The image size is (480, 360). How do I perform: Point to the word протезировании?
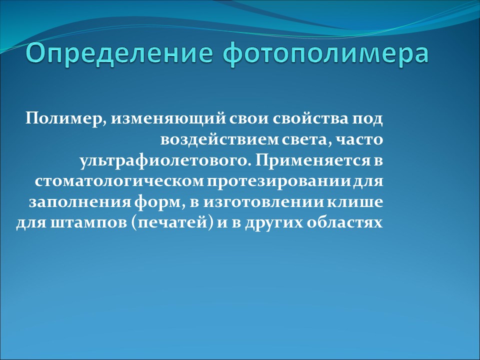pos(270,180)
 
